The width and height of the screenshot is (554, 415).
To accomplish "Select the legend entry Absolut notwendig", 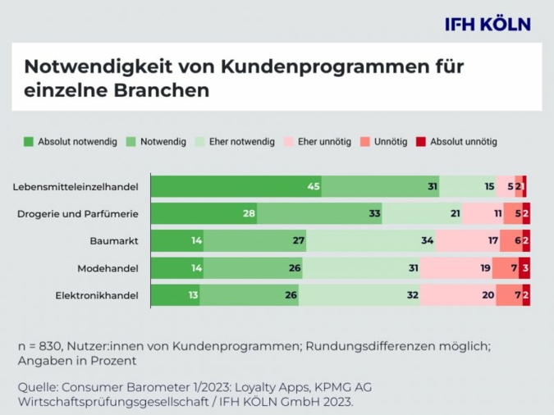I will point(71,142).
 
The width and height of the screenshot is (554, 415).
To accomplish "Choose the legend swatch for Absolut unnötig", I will point(423,142).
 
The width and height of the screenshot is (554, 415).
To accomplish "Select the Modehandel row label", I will point(108,268).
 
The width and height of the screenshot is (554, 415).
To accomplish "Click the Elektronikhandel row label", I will point(96,295).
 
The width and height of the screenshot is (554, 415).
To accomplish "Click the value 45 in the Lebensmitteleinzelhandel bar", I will point(314,187).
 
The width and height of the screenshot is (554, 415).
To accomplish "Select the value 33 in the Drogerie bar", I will point(374,214).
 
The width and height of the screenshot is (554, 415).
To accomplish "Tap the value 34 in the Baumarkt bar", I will point(427,241).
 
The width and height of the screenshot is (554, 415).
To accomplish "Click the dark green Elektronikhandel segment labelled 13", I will point(175,295).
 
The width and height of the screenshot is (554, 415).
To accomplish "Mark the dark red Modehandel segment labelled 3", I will point(524,268).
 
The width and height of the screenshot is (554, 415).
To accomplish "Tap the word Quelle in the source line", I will point(38,386).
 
